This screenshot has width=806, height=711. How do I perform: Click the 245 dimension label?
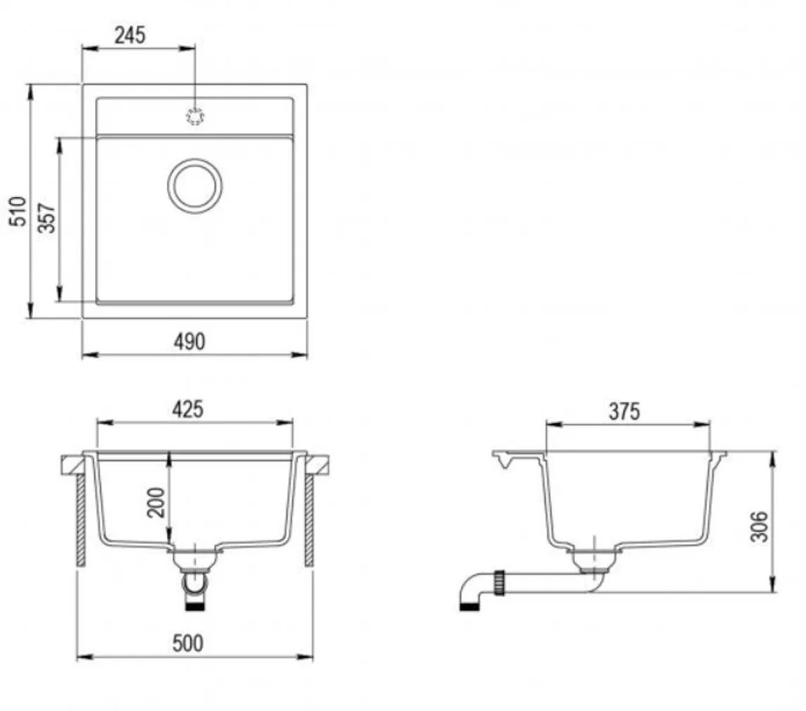point(131,35)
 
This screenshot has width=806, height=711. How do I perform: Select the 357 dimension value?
point(46,218)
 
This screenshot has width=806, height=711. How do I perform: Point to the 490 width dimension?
point(189,341)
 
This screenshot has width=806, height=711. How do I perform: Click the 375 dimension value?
point(624,412)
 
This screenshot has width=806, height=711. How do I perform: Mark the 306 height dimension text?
point(759,526)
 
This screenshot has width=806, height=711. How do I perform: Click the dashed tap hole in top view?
point(195,116)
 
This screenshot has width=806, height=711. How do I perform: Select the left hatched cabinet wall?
point(81,519)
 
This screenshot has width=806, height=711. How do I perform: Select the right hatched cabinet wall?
point(309,519)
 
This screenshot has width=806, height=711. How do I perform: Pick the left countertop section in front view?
point(73,464)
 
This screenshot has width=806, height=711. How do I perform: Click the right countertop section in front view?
point(318,464)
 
